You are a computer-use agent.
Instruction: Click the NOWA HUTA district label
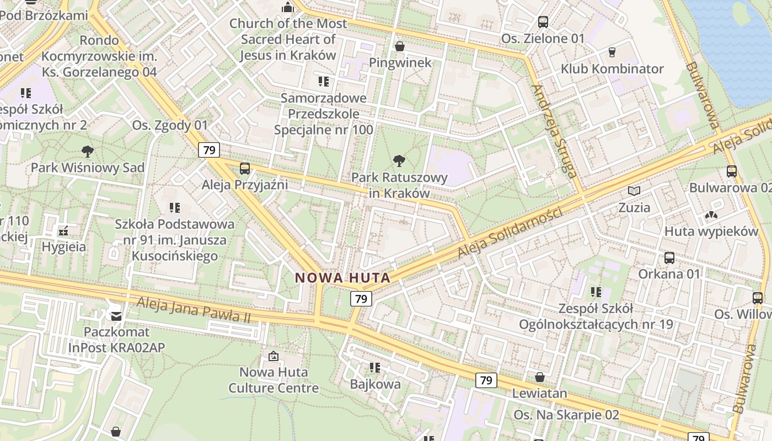click(342, 278)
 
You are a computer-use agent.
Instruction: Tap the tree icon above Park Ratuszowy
click(399, 161)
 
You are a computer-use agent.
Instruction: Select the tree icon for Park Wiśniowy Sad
click(87, 151)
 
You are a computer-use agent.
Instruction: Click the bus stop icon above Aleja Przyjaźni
click(245, 168)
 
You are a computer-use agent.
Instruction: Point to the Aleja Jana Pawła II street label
click(194, 310)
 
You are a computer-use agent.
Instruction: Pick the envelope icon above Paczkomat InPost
click(116, 316)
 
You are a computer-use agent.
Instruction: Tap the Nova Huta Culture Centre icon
click(273, 356)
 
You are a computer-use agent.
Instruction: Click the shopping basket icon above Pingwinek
click(400, 46)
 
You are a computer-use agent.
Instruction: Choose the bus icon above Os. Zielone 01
click(543, 22)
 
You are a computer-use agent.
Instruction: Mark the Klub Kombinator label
click(612, 69)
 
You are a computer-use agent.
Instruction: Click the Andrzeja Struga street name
click(553, 130)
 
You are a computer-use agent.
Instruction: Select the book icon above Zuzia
click(634, 191)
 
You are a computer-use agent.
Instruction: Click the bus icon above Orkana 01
click(669, 257)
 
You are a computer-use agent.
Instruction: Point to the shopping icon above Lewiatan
click(540, 377)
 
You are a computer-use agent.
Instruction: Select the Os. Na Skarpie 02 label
click(566, 415)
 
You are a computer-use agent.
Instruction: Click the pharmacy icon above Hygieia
click(63, 230)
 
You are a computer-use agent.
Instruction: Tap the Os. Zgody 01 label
click(170, 125)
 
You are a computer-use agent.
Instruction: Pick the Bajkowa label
click(376, 384)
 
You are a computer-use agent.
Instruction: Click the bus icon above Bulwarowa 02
click(732, 171)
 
